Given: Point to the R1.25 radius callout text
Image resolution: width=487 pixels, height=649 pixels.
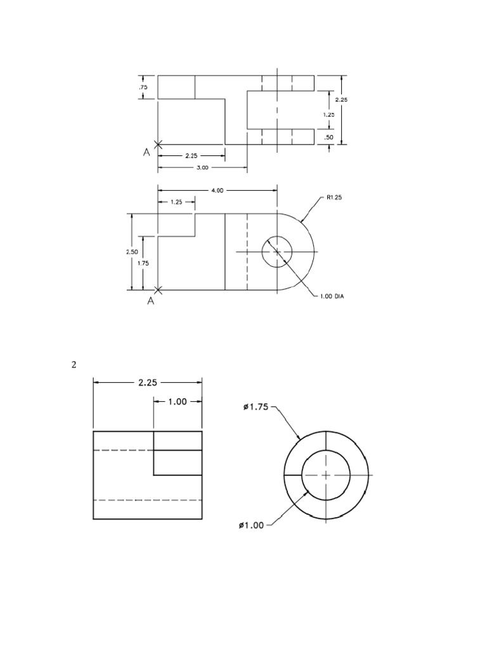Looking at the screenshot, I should click(x=334, y=198).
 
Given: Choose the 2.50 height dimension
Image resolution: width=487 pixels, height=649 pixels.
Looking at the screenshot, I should click(x=131, y=252).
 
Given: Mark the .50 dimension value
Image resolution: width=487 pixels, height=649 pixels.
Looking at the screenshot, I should click(x=328, y=137).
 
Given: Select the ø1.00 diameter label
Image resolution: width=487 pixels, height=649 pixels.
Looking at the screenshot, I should click(x=251, y=525).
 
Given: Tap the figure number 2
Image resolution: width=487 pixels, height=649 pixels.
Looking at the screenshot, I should click(x=74, y=364).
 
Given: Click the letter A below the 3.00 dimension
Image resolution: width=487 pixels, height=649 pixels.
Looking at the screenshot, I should click(x=147, y=153).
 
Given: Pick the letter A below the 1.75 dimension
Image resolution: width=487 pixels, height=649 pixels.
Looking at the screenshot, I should click(x=151, y=301).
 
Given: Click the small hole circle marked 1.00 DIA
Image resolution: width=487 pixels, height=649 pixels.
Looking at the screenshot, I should click(x=276, y=252).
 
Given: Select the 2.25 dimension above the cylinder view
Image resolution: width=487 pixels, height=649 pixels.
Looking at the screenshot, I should click(x=147, y=382).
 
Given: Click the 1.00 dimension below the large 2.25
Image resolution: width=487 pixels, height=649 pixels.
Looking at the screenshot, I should click(x=177, y=401).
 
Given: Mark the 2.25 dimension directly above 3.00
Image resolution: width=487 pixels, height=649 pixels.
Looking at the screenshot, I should click(x=191, y=155).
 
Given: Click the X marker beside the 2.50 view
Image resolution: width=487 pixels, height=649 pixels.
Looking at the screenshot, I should click(x=158, y=290).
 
